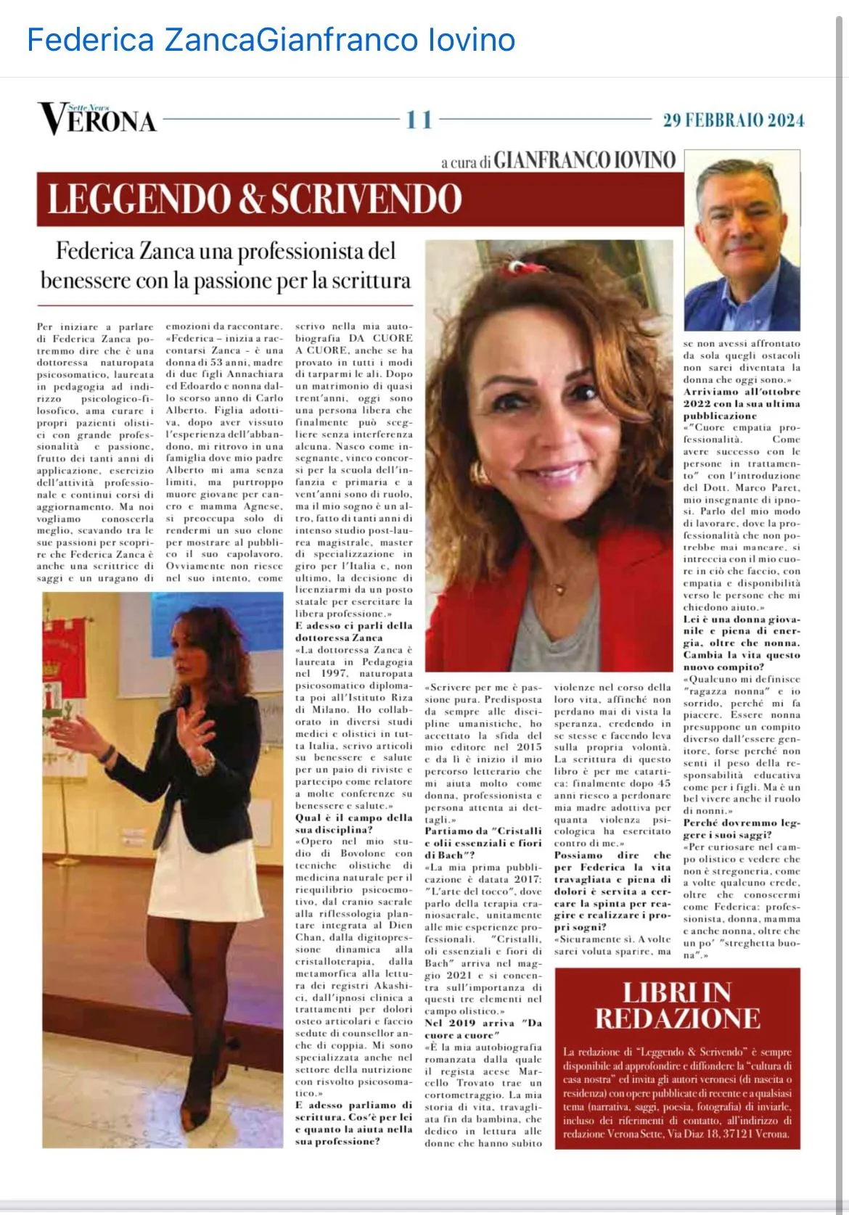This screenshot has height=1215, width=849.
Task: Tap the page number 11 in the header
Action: pos(419,120)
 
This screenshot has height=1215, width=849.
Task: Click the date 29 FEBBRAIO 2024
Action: pos(733,120)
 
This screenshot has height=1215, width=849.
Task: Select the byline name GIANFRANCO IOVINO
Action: pos(585,160)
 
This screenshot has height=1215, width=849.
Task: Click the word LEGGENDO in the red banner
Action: pos(139,199)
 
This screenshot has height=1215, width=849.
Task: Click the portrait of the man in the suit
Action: pos(742,239)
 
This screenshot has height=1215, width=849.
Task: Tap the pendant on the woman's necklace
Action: pos(559,582)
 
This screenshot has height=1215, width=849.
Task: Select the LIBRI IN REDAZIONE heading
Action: pos(677,1005)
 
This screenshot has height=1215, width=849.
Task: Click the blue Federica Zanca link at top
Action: pos(141,39)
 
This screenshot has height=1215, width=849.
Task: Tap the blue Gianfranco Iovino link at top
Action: pos(386,39)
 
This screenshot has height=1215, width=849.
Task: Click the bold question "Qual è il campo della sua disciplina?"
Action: pos(353,823)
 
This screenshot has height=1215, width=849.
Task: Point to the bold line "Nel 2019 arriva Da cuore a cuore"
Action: pos(483,1029)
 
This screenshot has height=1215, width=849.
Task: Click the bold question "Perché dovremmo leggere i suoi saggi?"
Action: pos(741,828)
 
